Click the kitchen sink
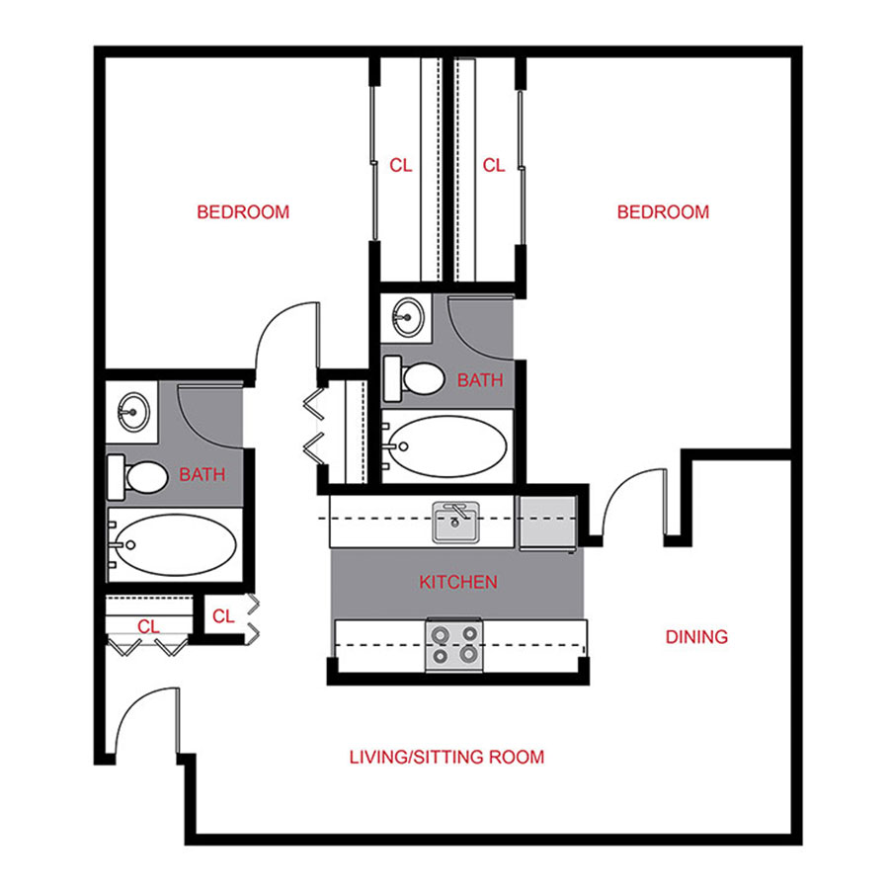coord(455,521)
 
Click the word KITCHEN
coord(458,582)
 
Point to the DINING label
coord(696,637)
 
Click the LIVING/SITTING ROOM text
coord(446,758)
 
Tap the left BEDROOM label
coord(243,212)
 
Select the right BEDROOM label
coord(663,212)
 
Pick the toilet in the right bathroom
coord(415,378)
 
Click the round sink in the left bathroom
coord(133,408)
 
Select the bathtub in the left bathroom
coord(174,544)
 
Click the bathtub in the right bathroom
coord(447,445)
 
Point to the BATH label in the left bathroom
coord(202,475)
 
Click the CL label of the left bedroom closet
coord(400,166)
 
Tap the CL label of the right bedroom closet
coord(494,166)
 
